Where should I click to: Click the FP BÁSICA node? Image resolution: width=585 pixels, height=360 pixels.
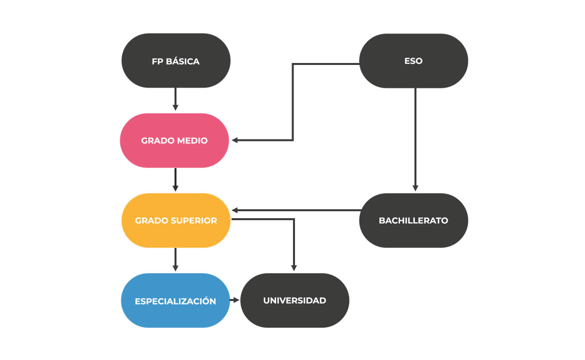[x=175, y=61]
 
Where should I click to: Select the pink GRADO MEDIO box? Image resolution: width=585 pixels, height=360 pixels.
[x=175, y=140]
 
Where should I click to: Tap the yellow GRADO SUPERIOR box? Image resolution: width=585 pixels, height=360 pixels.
[x=175, y=220]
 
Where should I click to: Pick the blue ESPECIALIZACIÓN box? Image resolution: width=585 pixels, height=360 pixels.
[x=175, y=300]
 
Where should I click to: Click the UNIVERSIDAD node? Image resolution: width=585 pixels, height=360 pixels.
[x=294, y=300]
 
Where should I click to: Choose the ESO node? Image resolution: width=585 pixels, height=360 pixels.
[x=413, y=61]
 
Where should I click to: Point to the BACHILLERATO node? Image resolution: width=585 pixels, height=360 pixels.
[x=413, y=220]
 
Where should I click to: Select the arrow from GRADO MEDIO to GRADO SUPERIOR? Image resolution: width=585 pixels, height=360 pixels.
[x=175, y=180]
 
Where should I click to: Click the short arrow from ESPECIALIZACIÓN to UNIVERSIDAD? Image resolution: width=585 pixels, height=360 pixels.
[x=234, y=300]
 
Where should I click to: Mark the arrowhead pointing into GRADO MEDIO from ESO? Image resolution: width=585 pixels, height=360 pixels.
[x=235, y=140]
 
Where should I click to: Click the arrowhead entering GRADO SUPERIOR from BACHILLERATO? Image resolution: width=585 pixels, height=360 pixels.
[x=235, y=210]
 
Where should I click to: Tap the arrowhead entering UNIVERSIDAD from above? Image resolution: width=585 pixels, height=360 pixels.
[x=294, y=267]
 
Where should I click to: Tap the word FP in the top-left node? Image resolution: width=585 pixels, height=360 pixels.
[x=157, y=62]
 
